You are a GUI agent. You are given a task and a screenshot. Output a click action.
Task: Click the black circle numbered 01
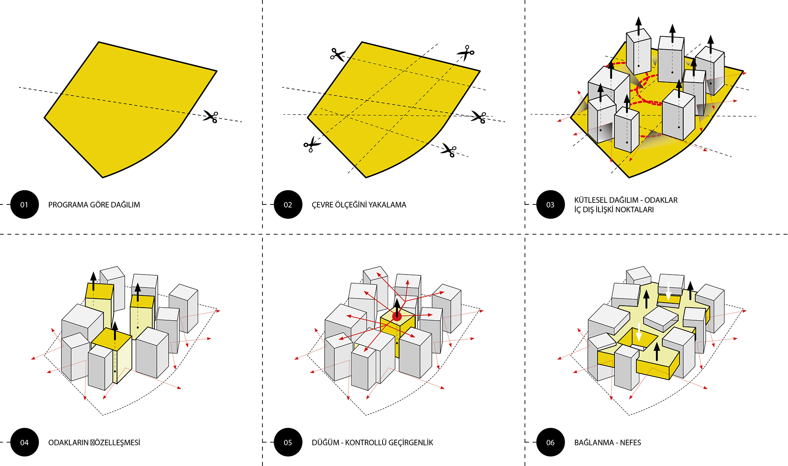[24, 204]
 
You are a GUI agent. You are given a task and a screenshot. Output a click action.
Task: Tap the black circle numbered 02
[288, 204]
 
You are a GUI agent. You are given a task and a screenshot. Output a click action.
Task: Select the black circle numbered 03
[550, 204]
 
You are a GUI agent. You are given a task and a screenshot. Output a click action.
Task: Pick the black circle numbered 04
[24, 442]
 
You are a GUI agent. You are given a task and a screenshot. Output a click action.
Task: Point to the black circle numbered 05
[288, 442]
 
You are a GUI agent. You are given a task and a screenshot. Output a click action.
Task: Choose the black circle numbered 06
[550, 442]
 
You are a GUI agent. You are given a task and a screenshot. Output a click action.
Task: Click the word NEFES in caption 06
[630, 443]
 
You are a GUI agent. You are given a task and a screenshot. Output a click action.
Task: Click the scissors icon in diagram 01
[211, 117]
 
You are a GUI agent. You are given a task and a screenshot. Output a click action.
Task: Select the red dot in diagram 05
[397, 316]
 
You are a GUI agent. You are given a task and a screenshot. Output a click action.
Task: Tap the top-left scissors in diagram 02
[337, 54]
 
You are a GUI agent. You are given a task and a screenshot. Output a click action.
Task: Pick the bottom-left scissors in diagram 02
[312, 145]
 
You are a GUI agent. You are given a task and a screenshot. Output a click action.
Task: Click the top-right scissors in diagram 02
[466, 52]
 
